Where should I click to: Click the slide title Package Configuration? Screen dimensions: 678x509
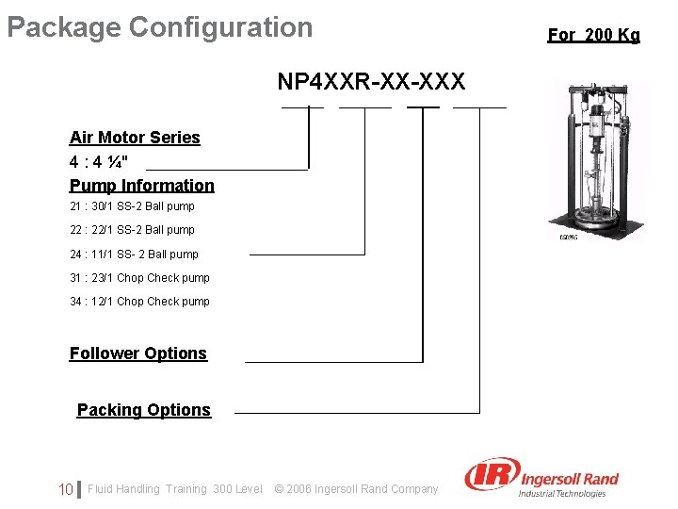[159, 27]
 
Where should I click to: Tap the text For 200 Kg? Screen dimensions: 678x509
[593, 35]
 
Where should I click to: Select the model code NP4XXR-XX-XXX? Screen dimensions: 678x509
[371, 82]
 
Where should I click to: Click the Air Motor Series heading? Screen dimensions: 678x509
[135, 138]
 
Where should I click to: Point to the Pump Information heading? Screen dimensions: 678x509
[142, 186]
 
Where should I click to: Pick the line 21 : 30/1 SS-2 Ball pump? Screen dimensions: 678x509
[132, 206]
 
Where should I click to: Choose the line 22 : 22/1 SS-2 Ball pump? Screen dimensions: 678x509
[132, 230]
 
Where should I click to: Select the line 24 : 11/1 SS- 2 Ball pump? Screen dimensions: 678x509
[134, 254]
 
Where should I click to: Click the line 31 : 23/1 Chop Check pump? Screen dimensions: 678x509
[139, 278]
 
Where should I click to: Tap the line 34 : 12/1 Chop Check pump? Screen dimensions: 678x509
[139, 302]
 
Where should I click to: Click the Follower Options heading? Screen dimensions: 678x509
[137, 353]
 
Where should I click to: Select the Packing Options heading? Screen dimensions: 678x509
[143, 410]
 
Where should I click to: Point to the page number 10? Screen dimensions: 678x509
[66, 489]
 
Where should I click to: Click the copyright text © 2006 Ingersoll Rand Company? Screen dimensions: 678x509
[356, 489]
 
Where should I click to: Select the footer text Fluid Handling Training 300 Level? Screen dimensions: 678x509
[175, 489]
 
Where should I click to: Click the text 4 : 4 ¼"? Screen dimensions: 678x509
[99, 161]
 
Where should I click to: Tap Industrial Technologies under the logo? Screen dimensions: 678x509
[562, 493]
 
